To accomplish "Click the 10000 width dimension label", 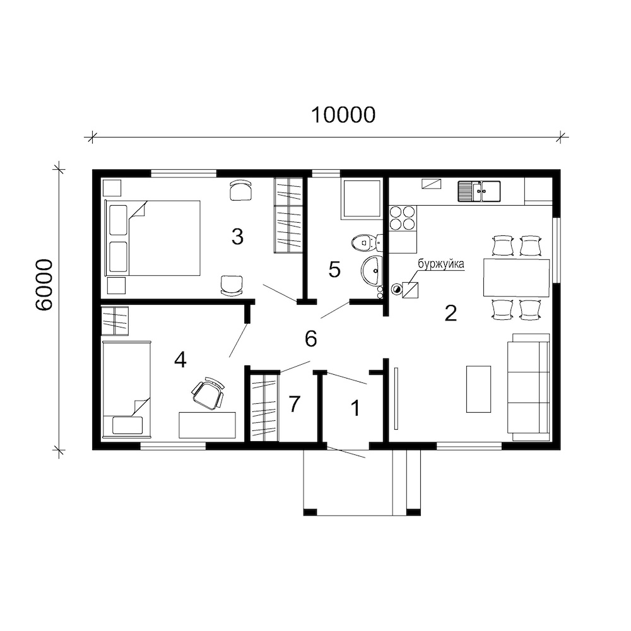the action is coord(343,115).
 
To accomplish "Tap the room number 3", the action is coord(237,237).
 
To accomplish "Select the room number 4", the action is coord(180,360).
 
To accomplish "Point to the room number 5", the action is coord(334,269).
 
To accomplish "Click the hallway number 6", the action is coord(310,339).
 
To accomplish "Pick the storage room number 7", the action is coord(295,404).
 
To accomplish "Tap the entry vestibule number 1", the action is coord(355,408).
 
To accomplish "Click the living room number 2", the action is coord(451,313).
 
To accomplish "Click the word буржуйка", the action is coord(441,264).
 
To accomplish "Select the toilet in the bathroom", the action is coord(366,243).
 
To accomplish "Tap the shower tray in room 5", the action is coord(362,199).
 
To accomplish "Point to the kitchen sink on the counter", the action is coord(479,191).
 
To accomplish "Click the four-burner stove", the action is coord(402,218).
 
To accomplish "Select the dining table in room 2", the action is coord(516,278).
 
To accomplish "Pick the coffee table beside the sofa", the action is coord(478,389).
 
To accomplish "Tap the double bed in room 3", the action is coord(152,239).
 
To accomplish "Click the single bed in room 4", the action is coord(127,389).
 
